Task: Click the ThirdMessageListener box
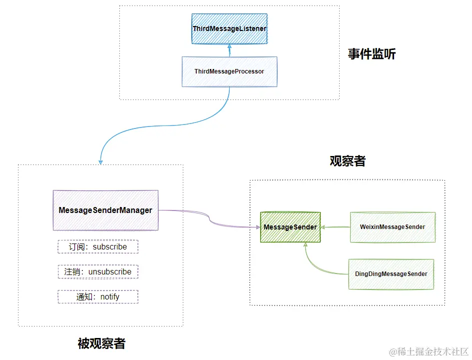(x=229, y=29)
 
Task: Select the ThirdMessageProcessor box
(x=229, y=71)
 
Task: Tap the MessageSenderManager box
(x=105, y=210)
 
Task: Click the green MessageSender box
(x=290, y=227)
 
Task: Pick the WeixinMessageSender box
(x=393, y=227)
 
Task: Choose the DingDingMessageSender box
(x=391, y=274)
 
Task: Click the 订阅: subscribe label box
(x=98, y=247)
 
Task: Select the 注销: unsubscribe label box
(x=98, y=272)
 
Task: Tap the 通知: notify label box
(x=98, y=297)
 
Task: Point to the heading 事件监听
(x=372, y=54)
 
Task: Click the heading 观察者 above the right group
(x=348, y=161)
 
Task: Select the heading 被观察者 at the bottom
(x=102, y=343)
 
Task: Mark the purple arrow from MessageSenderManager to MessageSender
(x=210, y=220)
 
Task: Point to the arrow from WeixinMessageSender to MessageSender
(x=336, y=227)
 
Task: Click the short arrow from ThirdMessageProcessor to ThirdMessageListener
(x=229, y=50)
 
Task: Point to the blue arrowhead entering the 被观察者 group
(x=101, y=161)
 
